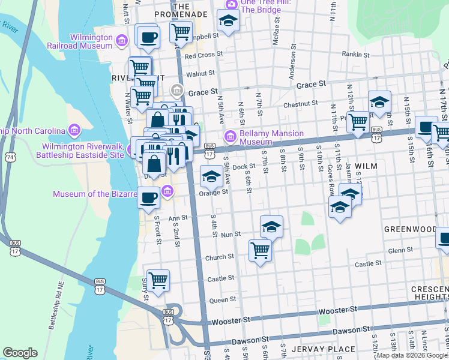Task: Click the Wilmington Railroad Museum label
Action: point(91,41)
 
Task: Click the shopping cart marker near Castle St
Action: point(158,280)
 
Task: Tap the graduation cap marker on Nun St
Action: point(271,227)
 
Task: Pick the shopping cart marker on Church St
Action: point(260,250)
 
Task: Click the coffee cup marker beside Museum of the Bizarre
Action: point(149,197)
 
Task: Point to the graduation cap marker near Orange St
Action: point(211,178)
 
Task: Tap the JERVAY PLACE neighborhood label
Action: point(316,349)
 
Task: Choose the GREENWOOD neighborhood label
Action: point(411,229)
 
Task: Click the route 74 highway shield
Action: point(11,157)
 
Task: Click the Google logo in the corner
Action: point(20,353)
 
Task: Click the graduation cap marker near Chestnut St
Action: point(379,101)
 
